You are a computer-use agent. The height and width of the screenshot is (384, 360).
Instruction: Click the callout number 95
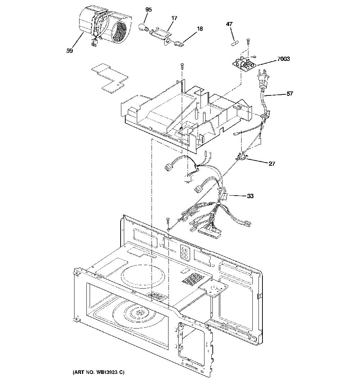pyautogui.click(x=148, y=10)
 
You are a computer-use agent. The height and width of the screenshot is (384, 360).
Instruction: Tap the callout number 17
pyautogui.click(x=174, y=18)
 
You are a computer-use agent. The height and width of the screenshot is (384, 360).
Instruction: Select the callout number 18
pyautogui.click(x=200, y=29)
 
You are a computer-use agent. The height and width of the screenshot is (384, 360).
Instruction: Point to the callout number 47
pyautogui.click(x=229, y=24)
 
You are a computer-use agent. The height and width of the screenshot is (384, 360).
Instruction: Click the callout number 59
pyautogui.click(x=70, y=51)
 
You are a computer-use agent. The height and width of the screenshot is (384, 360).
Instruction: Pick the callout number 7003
pyautogui.click(x=283, y=59)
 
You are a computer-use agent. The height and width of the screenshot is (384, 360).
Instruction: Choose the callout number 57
pyautogui.click(x=290, y=94)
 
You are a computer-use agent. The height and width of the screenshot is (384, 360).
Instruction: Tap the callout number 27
pyautogui.click(x=272, y=164)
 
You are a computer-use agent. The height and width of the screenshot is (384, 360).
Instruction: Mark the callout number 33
pyautogui.click(x=250, y=196)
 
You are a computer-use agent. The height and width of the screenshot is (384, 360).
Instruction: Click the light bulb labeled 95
pyautogui.click(x=143, y=27)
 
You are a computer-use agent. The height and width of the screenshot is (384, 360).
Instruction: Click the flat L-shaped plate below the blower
pyautogui.click(x=110, y=78)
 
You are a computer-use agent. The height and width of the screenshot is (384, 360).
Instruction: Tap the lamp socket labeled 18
pyautogui.click(x=179, y=44)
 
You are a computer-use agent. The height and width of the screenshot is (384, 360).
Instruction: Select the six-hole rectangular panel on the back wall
pyautogui.click(x=184, y=252)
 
